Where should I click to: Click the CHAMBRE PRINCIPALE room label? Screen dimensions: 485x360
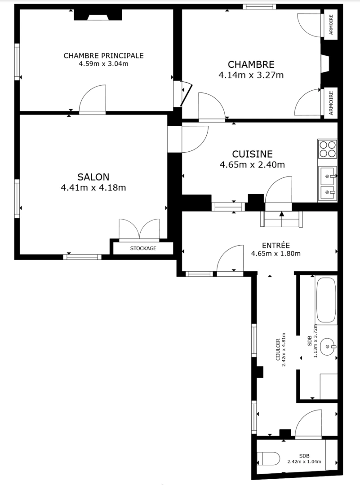click(x=103, y=56)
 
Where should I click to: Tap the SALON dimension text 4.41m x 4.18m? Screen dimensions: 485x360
click(x=93, y=188)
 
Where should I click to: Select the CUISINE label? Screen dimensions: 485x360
click(x=252, y=154)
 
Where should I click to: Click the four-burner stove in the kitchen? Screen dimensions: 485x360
click(x=327, y=149)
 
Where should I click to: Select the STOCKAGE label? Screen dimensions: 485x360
click(x=143, y=248)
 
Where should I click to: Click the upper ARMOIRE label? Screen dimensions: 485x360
click(x=331, y=26)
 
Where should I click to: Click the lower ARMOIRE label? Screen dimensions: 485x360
click(x=331, y=103)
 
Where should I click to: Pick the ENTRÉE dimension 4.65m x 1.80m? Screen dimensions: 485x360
click(x=276, y=253)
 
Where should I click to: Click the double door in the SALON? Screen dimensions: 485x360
click(x=139, y=229)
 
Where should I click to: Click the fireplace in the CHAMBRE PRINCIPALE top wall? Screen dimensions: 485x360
click(x=98, y=16)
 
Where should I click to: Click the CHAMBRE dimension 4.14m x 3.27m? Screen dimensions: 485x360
click(x=251, y=75)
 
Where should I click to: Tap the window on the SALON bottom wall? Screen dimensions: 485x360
click(x=82, y=257)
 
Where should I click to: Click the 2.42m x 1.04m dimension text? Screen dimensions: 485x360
click(x=307, y=461)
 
